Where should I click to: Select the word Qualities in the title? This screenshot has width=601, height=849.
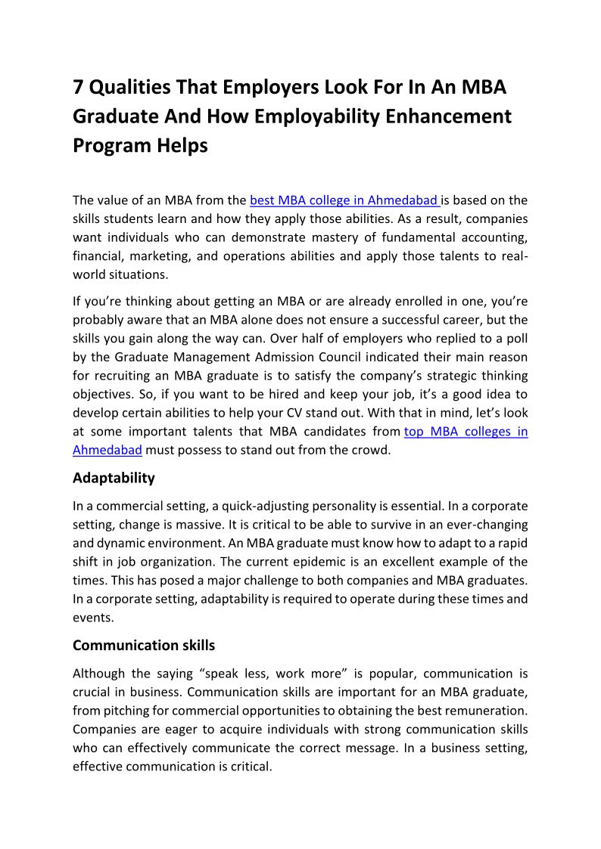point(129,88)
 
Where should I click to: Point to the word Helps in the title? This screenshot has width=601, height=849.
point(182,145)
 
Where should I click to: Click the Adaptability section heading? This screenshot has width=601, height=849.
point(114,478)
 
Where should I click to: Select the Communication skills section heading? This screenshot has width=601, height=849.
point(144,646)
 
